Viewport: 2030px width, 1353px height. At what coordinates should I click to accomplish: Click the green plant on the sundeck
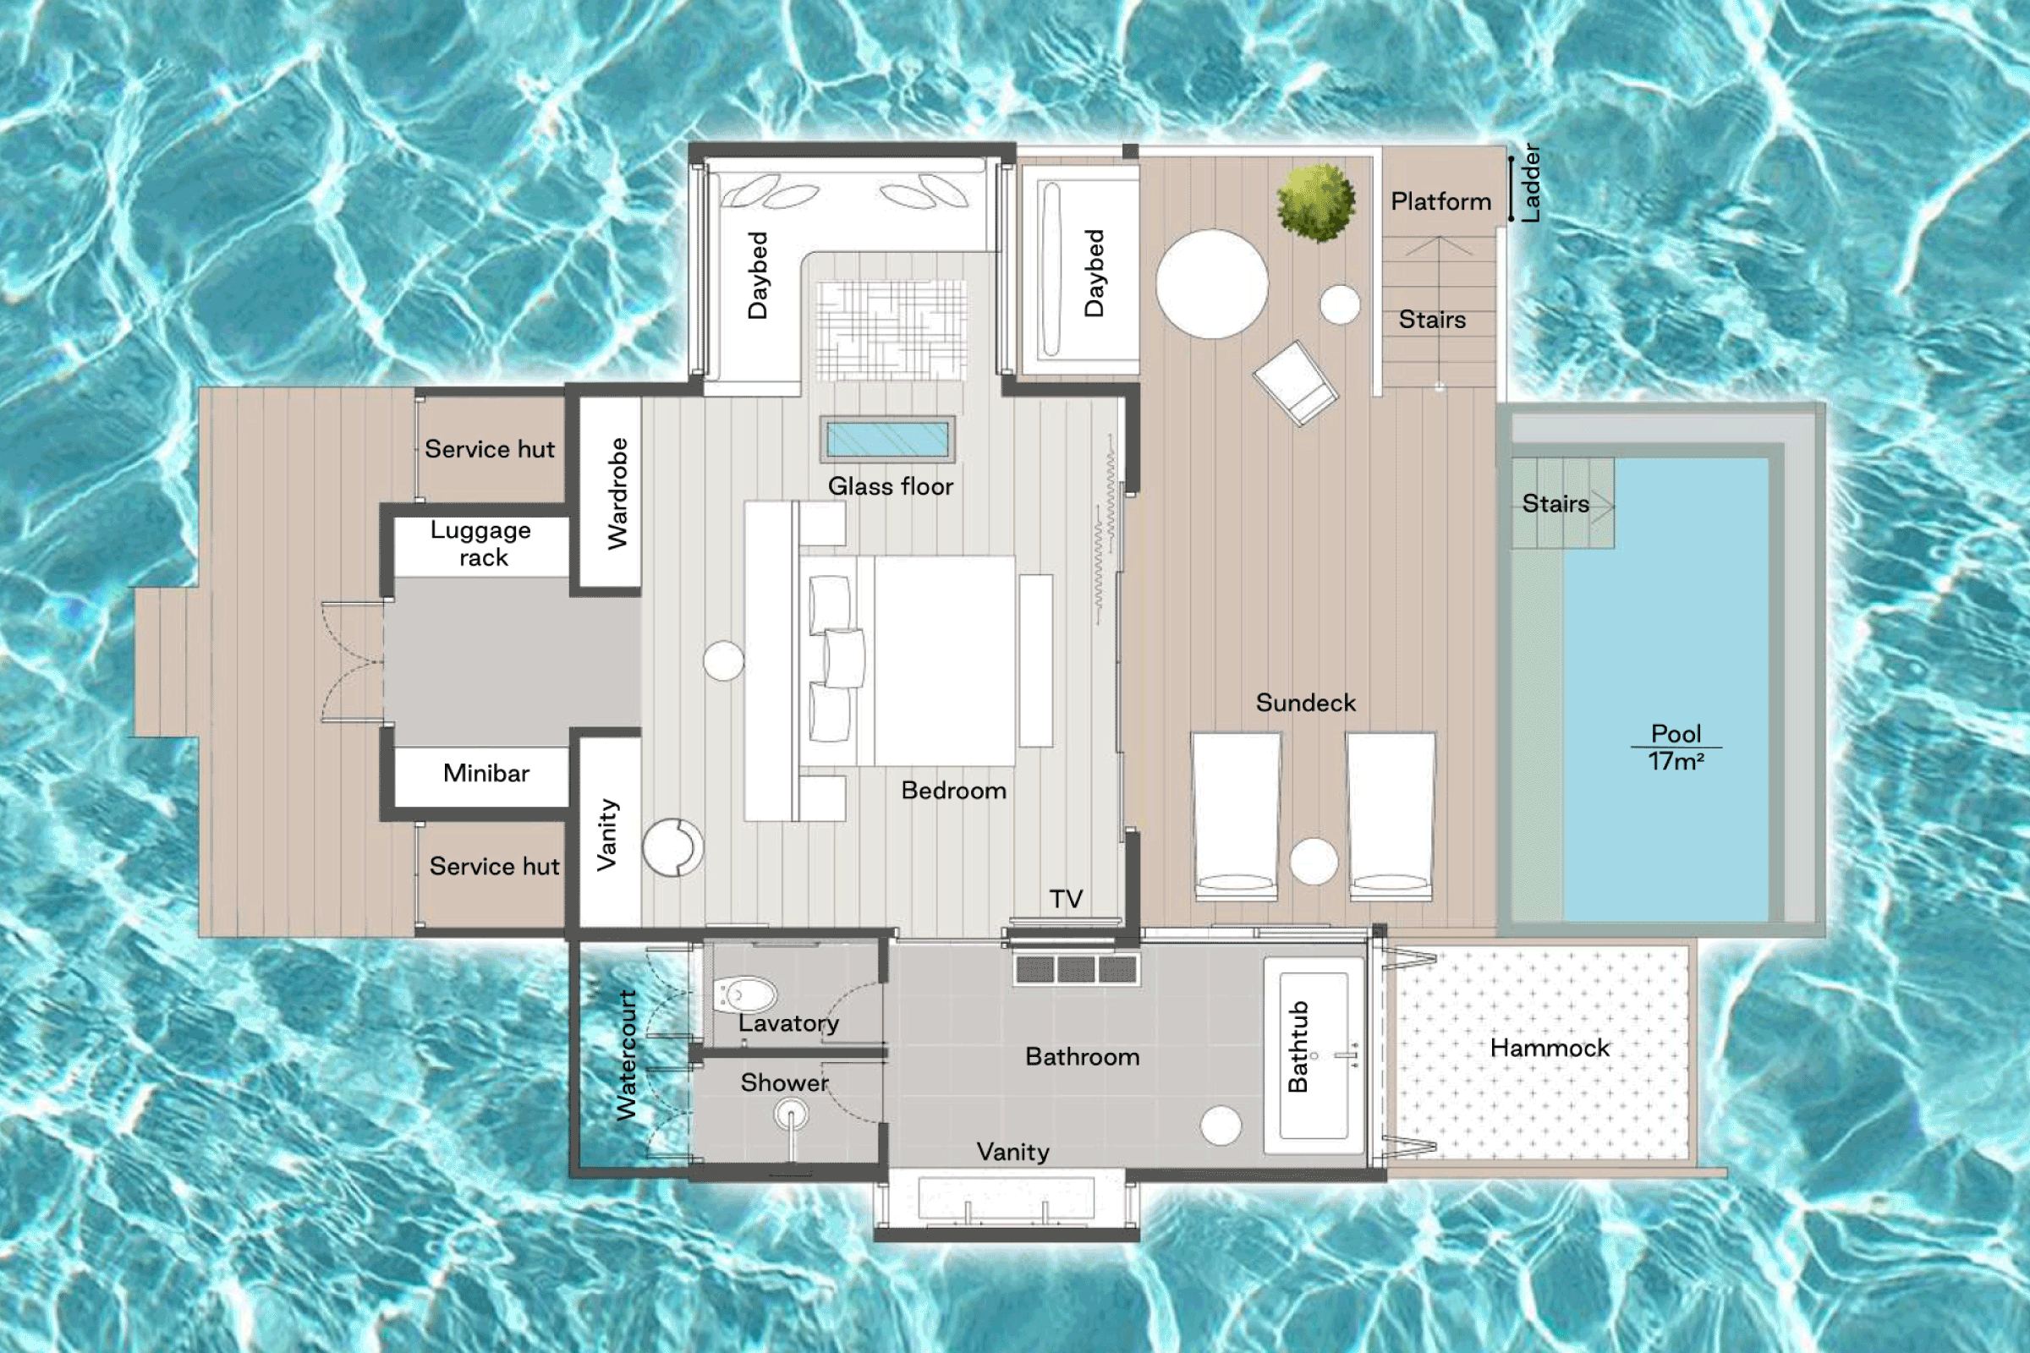[1315, 204]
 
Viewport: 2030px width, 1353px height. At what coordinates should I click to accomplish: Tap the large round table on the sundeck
[1212, 284]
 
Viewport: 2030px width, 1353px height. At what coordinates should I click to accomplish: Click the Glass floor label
[890, 487]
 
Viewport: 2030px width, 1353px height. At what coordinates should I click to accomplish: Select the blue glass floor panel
[887, 440]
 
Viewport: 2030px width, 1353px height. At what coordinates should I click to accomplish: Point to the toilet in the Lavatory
[745, 995]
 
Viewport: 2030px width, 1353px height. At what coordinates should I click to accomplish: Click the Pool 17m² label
[1676, 748]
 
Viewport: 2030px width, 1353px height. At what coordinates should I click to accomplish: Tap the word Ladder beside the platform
[1530, 183]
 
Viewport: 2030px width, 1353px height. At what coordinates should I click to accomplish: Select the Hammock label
[1550, 1049]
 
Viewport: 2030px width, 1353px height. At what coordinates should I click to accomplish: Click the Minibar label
[486, 773]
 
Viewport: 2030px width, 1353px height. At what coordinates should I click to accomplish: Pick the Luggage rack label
[481, 544]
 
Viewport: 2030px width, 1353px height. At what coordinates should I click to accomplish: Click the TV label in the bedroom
[1066, 899]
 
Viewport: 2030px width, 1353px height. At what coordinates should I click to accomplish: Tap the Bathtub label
[1298, 1047]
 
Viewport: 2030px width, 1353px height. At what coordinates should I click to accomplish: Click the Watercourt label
[627, 1054]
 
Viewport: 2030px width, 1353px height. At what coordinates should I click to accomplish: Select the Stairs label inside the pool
[1555, 504]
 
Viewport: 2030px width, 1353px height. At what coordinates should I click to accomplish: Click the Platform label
[1440, 202]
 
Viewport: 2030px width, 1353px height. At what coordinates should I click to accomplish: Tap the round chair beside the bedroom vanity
[673, 847]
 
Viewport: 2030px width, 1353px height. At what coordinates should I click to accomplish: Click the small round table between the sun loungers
[1314, 861]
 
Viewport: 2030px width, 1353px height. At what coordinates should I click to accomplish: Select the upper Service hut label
[490, 450]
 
